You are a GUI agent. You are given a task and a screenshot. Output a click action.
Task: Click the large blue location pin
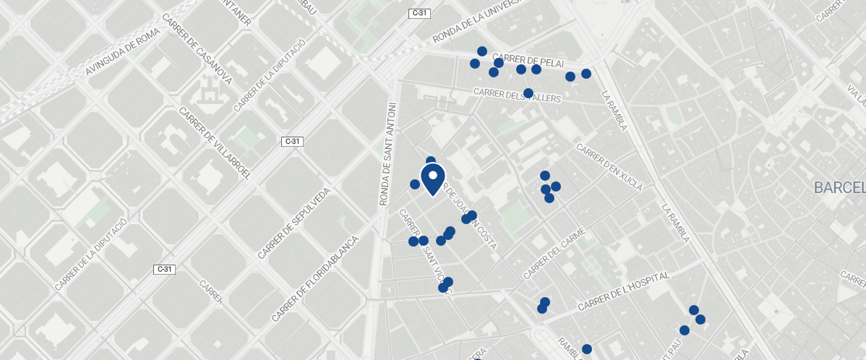tap(432, 179)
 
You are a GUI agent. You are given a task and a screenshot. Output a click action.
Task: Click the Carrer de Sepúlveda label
tap(294, 223)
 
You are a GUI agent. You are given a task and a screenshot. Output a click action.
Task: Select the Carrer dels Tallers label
tap(517, 95)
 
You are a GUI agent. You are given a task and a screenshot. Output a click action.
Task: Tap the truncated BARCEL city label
tap(839, 188)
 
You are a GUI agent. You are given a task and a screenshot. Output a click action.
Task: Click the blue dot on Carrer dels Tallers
tap(528, 93)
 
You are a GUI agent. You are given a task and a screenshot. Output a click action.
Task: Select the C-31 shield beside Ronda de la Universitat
tap(419, 13)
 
